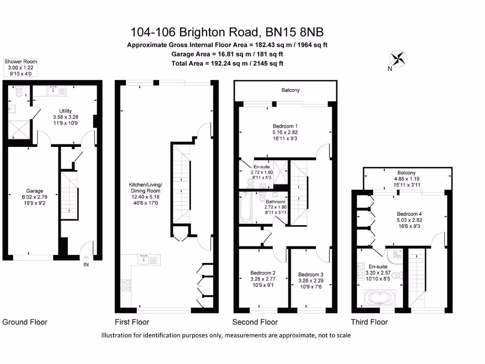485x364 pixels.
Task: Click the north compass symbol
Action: (398, 59)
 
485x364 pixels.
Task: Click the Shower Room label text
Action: (20, 62)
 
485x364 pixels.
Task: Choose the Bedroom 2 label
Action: (263, 273)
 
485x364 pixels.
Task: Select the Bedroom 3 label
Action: (311, 274)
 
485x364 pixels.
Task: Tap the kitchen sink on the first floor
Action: (145, 259)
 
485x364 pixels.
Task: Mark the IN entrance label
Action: (86, 264)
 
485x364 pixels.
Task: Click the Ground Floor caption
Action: (25, 322)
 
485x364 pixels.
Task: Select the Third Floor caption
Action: (369, 322)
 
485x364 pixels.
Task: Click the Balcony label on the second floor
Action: (290, 90)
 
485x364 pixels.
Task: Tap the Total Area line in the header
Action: (227, 63)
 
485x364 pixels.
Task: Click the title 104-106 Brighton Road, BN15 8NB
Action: (227, 32)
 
